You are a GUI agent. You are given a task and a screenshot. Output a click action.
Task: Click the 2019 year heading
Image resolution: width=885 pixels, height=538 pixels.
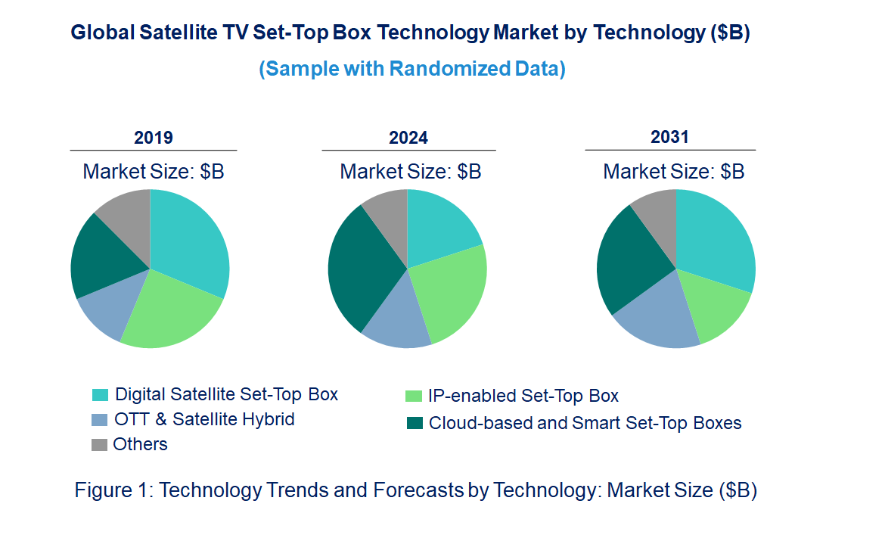(x=154, y=138)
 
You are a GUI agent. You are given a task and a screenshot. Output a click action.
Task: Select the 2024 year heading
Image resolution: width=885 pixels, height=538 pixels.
(x=408, y=138)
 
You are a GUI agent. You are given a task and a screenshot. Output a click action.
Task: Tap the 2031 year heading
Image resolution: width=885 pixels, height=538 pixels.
(x=670, y=137)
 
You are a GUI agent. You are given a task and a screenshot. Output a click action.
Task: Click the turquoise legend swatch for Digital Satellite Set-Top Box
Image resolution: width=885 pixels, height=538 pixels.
(x=100, y=395)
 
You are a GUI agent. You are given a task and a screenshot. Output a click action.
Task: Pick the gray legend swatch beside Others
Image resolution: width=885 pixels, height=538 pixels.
(x=99, y=445)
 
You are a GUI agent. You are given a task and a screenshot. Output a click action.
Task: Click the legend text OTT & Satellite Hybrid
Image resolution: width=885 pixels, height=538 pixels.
(x=204, y=419)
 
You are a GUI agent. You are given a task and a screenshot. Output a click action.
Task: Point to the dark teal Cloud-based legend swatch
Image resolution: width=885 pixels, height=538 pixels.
(x=414, y=423)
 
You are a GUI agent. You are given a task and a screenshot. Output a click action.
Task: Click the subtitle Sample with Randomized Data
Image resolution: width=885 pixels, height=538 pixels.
(x=412, y=69)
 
